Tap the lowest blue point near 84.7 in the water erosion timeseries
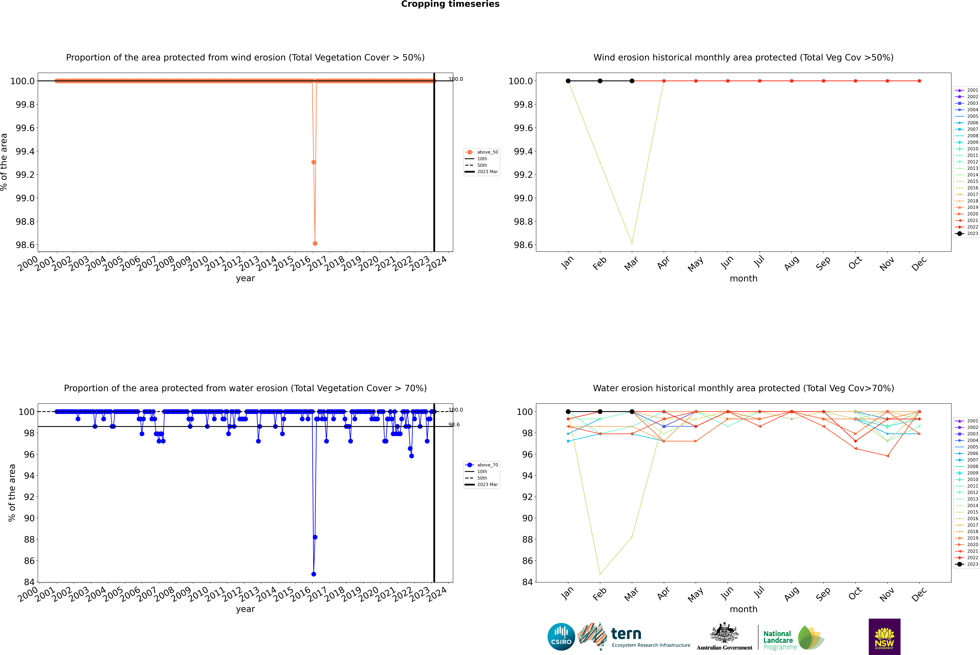[314, 574]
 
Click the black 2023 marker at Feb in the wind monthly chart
[600, 81]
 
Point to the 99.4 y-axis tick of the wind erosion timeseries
[25, 151]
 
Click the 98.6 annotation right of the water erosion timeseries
[454, 425]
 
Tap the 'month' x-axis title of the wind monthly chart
[743, 279]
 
